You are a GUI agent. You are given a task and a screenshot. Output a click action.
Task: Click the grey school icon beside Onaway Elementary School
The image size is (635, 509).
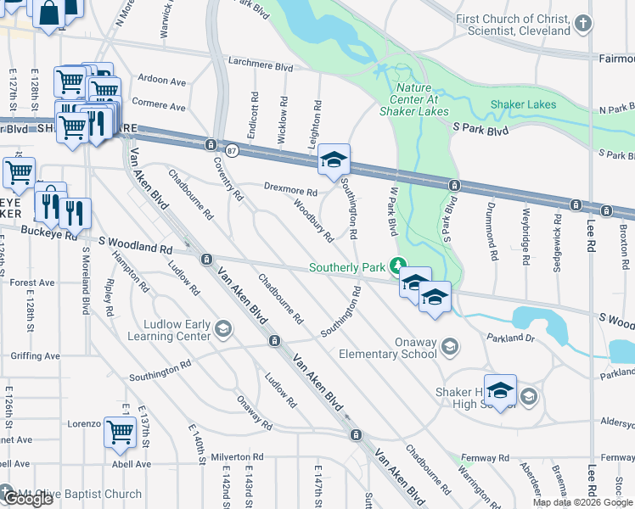449,346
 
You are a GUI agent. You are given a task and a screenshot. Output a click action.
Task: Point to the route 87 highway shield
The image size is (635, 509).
232,149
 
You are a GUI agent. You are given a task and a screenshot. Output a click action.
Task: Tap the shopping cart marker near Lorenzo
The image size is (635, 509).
120,433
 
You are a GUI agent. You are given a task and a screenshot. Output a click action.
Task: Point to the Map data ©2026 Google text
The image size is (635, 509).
582,502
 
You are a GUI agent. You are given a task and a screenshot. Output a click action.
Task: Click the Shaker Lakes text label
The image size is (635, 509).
523,105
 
